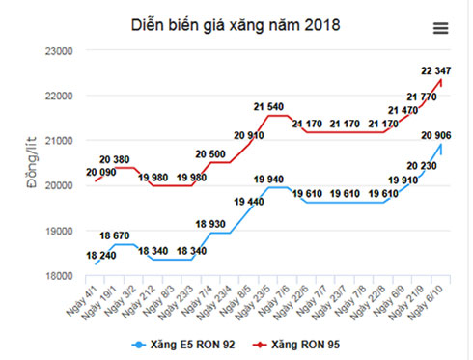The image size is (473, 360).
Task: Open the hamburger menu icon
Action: click(x=441, y=28)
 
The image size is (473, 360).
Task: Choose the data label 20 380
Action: click(x=120, y=159)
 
